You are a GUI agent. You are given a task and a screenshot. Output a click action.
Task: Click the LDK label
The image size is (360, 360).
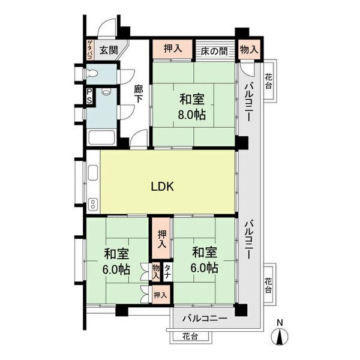[163, 187]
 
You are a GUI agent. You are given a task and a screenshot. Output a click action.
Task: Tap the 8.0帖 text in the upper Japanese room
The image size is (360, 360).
[192, 115]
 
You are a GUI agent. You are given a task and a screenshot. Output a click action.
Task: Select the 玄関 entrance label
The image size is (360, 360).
[109, 50]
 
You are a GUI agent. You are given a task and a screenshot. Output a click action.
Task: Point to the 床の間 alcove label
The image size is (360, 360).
[214, 51]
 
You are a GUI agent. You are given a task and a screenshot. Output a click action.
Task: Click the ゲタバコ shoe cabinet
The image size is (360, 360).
[90, 50]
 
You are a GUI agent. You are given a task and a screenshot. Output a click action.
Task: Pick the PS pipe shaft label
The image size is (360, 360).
[89, 96]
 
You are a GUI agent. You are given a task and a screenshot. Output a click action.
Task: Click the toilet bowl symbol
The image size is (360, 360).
[92, 74]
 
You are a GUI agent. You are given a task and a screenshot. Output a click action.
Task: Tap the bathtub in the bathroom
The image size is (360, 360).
[101, 138]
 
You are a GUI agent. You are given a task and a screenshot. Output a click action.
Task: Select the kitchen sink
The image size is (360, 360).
[93, 173]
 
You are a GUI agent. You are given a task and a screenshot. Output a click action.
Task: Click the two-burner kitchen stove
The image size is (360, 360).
[93, 204]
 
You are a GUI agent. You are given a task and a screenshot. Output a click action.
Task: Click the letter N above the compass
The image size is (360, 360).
[280, 323]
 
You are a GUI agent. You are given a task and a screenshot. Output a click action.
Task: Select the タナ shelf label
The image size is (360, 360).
[167, 271]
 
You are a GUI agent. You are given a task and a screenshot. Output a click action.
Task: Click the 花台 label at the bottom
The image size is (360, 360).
[190, 337]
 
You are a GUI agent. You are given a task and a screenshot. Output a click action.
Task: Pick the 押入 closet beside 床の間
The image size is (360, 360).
[172, 49]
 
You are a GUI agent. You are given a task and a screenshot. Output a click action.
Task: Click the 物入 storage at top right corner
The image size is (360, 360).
[249, 50]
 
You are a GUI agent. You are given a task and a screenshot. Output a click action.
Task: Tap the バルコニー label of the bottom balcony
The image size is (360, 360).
[205, 319]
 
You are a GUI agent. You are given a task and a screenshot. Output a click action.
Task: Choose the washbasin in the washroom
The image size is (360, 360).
[106, 92]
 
